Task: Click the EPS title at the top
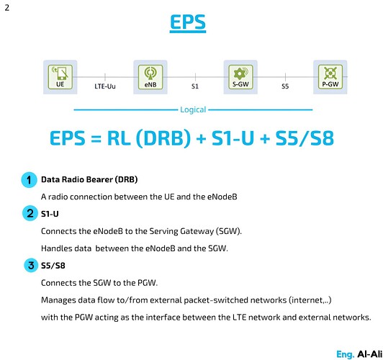(x=188, y=23)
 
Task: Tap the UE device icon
(x=60, y=74)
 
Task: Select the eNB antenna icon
(x=150, y=74)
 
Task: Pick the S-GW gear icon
(x=240, y=74)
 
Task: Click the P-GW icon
(x=330, y=74)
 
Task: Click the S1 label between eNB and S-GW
(x=194, y=87)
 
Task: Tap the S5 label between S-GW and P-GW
(x=285, y=87)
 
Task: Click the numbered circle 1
(x=30, y=180)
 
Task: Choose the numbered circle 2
(x=30, y=213)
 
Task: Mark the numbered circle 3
(x=30, y=266)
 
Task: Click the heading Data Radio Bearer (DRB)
(x=89, y=179)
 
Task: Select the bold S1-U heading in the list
(x=51, y=213)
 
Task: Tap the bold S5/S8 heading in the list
(x=54, y=266)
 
